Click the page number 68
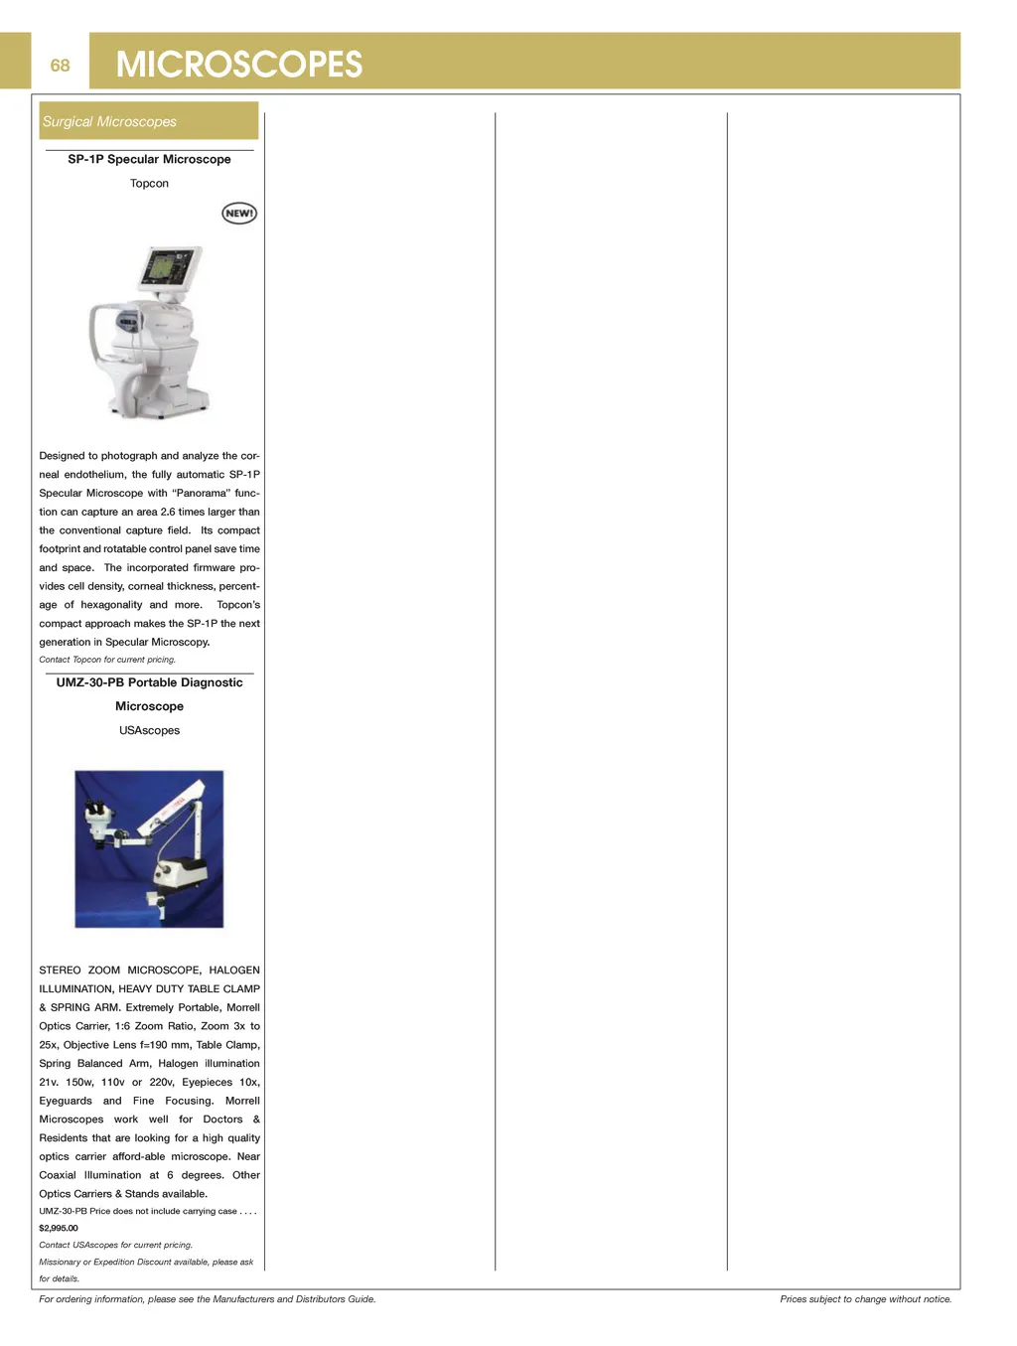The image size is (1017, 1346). coord(60,66)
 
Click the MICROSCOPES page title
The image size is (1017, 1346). coord(239,65)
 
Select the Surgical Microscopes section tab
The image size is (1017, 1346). coord(109,121)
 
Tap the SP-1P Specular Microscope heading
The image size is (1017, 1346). coord(149,159)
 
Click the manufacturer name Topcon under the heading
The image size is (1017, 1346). coord(149,184)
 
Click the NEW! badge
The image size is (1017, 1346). coord(238,214)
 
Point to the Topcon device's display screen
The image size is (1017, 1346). coord(170,268)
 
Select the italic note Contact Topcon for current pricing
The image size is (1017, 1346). coord(107,660)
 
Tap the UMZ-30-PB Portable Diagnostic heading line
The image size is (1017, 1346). coord(149,682)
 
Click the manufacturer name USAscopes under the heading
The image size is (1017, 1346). coord(149,731)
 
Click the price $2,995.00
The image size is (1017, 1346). coord(59,1229)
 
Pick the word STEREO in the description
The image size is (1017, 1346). coord(60,971)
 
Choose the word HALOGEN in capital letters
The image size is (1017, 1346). coord(234,971)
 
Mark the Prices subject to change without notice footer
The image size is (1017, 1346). coord(865,1299)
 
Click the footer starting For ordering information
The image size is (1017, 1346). coord(207,1299)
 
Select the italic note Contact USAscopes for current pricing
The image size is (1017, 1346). coord(115,1246)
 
